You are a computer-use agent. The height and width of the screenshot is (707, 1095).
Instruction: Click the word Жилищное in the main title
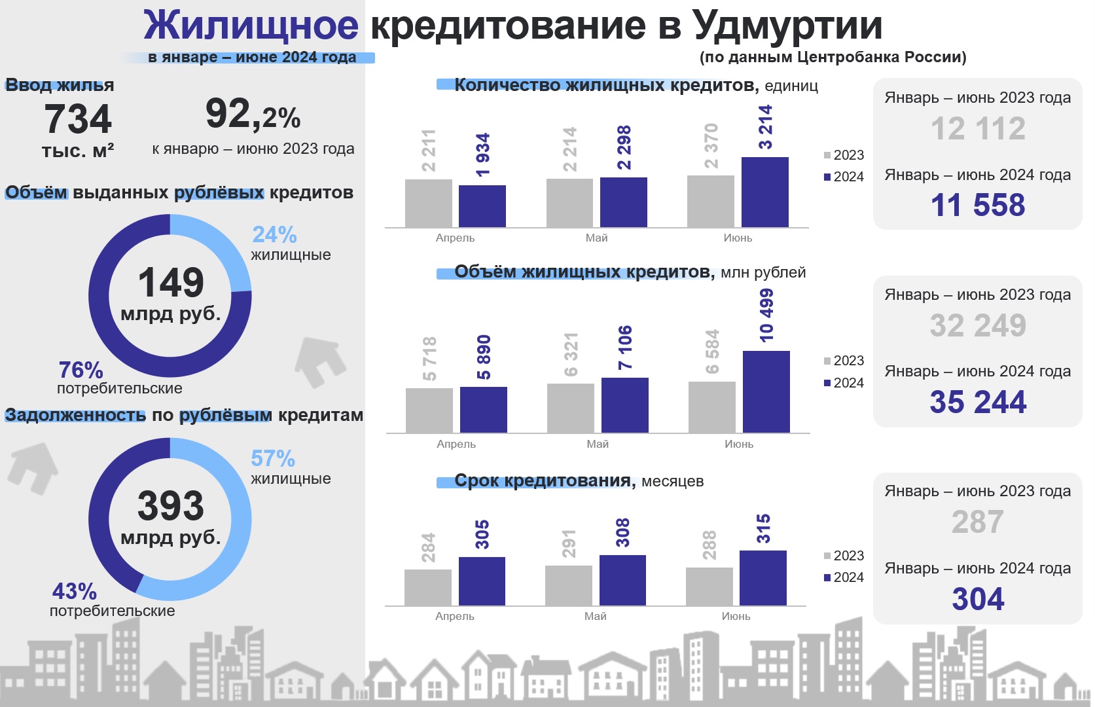(x=251, y=26)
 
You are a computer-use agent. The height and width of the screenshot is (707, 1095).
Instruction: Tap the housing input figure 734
(x=79, y=118)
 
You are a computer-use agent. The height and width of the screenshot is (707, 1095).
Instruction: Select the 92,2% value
(x=253, y=115)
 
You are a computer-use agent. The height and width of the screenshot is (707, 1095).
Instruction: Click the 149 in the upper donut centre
(x=171, y=283)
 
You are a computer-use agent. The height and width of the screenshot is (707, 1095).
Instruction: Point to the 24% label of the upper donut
(x=274, y=235)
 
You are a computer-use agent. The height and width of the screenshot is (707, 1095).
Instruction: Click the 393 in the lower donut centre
(x=171, y=506)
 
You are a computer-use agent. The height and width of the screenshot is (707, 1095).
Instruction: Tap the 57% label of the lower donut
(x=273, y=459)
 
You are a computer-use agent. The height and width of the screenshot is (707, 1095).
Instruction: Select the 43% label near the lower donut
(x=75, y=591)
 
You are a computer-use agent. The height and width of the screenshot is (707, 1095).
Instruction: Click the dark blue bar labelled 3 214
(x=765, y=192)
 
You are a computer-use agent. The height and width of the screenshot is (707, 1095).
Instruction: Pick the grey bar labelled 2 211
(x=429, y=204)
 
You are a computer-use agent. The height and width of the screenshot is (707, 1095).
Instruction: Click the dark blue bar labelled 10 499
(x=766, y=391)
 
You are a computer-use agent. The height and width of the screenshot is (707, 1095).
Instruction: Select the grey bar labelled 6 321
(x=571, y=408)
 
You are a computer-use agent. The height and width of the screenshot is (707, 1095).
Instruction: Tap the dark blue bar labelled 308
(x=622, y=581)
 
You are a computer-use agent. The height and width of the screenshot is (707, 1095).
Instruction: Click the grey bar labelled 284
(x=428, y=588)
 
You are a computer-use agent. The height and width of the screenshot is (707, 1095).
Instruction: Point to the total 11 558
(x=978, y=205)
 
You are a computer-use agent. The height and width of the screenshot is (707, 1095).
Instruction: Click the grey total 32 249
(x=978, y=325)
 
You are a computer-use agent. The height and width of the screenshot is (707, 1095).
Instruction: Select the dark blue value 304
(x=978, y=599)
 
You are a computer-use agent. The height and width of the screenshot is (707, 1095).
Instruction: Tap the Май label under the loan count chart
(x=596, y=238)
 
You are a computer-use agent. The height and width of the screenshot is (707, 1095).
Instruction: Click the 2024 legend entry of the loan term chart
(x=844, y=577)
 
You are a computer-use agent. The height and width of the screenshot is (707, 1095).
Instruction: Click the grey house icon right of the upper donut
(x=320, y=362)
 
